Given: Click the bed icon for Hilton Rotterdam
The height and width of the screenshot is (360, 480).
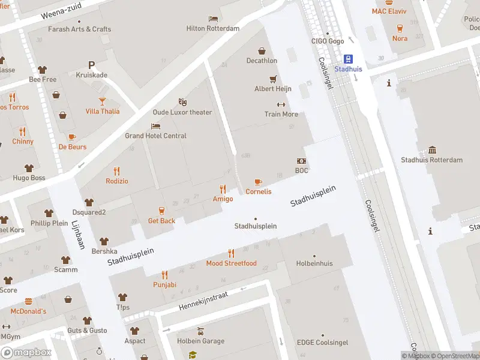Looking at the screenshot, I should click(213, 19).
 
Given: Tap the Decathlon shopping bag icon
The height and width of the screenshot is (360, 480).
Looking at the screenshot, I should click(262, 51).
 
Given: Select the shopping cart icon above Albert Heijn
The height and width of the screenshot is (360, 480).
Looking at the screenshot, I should click(273, 79).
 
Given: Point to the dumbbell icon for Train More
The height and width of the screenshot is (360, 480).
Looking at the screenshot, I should click(281, 104).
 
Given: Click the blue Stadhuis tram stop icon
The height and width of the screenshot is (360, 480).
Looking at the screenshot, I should click(347, 59).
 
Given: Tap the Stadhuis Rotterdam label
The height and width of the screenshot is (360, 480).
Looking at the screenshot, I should click(431, 160).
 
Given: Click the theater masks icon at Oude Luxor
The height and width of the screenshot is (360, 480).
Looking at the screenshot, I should click(183, 103).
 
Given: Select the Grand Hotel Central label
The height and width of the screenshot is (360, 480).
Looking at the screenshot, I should click(155, 136).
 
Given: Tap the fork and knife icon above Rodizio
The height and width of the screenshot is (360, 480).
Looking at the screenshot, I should click(117, 171).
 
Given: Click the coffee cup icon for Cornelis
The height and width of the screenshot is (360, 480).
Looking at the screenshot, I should click(258, 182).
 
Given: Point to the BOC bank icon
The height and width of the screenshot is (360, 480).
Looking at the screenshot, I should click(301, 161).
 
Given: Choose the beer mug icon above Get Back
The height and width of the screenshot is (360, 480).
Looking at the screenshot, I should click(161, 211).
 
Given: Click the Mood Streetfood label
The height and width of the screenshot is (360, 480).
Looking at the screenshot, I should click(231, 263).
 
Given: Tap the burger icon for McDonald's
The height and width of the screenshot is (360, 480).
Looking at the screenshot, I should click(28, 302).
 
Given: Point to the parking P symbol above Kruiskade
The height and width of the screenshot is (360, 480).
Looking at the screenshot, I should click(91, 65).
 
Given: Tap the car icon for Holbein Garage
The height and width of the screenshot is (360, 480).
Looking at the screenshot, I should click(201, 331).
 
